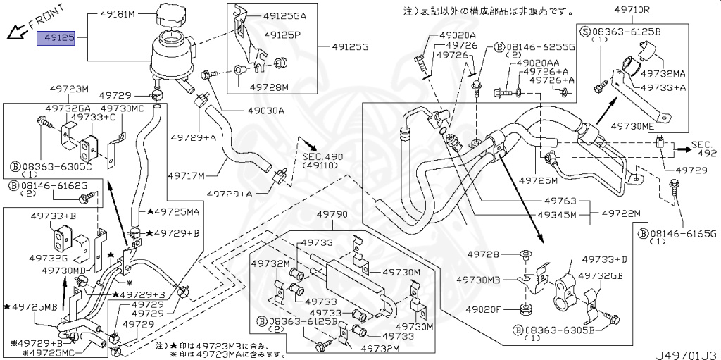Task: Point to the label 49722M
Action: point(622,213)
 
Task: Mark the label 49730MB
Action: point(479,280)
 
